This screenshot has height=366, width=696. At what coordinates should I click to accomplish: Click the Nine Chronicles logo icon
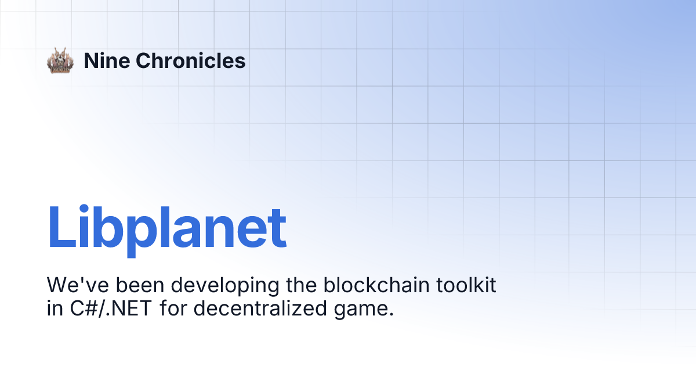[x=60, y=60]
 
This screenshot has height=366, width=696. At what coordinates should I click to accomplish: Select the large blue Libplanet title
[x=167, y=228]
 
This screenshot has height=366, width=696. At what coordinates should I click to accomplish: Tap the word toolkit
[x=467, y=285]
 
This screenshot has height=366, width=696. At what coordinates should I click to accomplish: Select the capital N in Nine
[x=90, y=60]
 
